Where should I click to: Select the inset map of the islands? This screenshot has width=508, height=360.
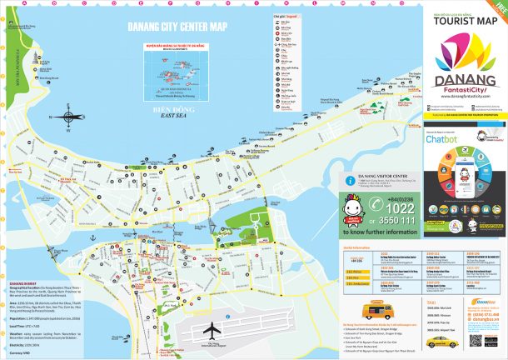coord(174,75)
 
